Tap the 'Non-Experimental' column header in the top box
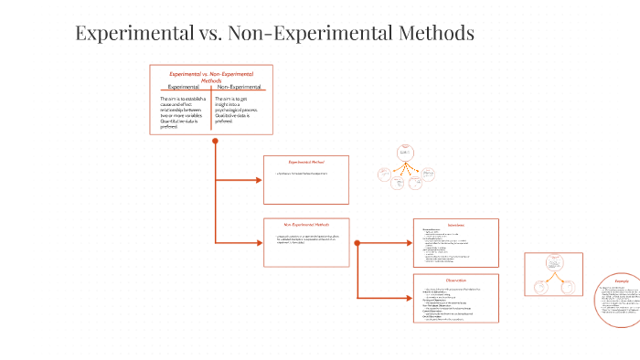coord(240,87)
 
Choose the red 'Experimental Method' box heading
coord(306,162)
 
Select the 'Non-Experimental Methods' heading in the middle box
coord(306,224)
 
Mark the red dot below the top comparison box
coord(215,141)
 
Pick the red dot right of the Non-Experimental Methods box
coord(357,243)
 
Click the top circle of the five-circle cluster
coord(405,153)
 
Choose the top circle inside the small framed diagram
coord(553,263)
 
